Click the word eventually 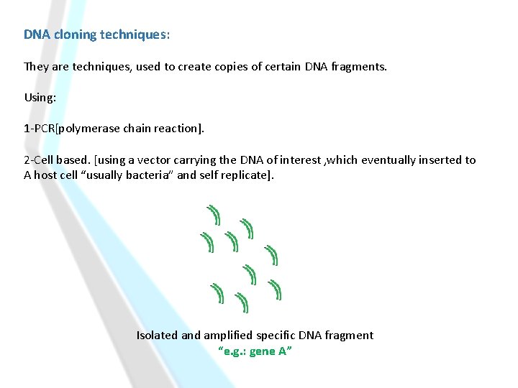(388, 160)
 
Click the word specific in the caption (281, 336)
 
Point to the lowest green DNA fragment (243, 303)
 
